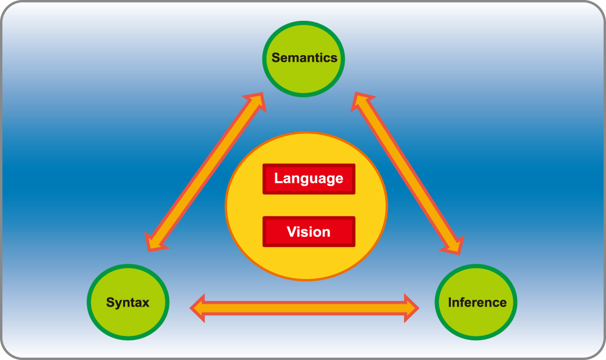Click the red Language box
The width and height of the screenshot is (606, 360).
(x=309, y=179)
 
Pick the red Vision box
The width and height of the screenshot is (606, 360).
(x=309, y=231)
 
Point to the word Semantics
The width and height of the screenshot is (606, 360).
(x=304, y=57)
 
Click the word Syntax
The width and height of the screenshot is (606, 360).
(x=128, y=303)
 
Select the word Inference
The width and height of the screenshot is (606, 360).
(x=477, y=303)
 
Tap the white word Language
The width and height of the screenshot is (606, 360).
(x=309, y=179)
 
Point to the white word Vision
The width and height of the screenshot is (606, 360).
(x=309, y=231)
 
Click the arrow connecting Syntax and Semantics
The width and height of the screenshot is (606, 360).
(x=205, y=172)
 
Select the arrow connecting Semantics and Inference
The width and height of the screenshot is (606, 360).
(x=409, y=172)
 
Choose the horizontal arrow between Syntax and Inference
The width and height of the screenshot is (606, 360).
(x=304, y=308)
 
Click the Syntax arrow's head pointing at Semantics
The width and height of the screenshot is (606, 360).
(x=256, y=101)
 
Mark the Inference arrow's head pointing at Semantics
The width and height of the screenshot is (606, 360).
(x=360, y=101)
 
